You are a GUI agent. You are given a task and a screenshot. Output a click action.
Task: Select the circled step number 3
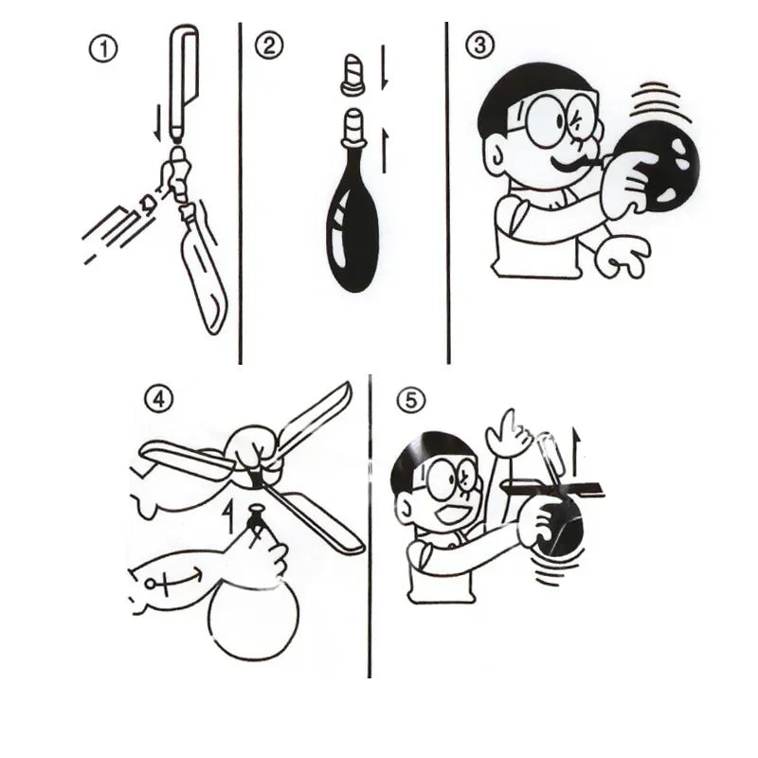pyautogui.click(x=478, y=45)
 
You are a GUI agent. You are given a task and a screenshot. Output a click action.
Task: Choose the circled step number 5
pyautogui.click(x=410, y=402)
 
